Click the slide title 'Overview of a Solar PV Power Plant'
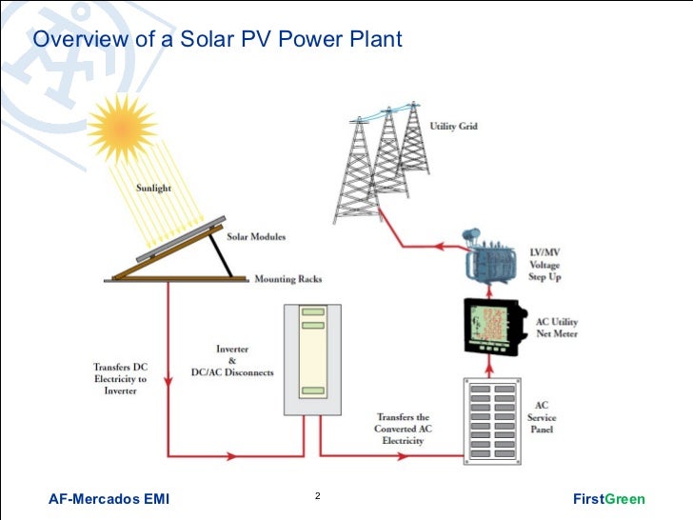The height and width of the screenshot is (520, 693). tap(218, 39)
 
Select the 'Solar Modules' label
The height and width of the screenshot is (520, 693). tap(255, 235)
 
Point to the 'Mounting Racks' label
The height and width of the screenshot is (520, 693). tap(287, 280)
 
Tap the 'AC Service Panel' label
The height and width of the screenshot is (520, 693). tap(542, 418)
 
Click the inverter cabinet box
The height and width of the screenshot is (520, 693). tap(311, 359)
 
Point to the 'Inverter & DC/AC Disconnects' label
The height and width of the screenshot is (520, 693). tap(231, 362)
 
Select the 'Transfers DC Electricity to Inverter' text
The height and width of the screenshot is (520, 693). tap(120, 379)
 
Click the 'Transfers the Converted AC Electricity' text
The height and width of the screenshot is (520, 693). tap(403, 429)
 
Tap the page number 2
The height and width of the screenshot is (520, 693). tap(317, 497)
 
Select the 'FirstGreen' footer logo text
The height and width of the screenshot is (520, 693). tap(609, 499)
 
